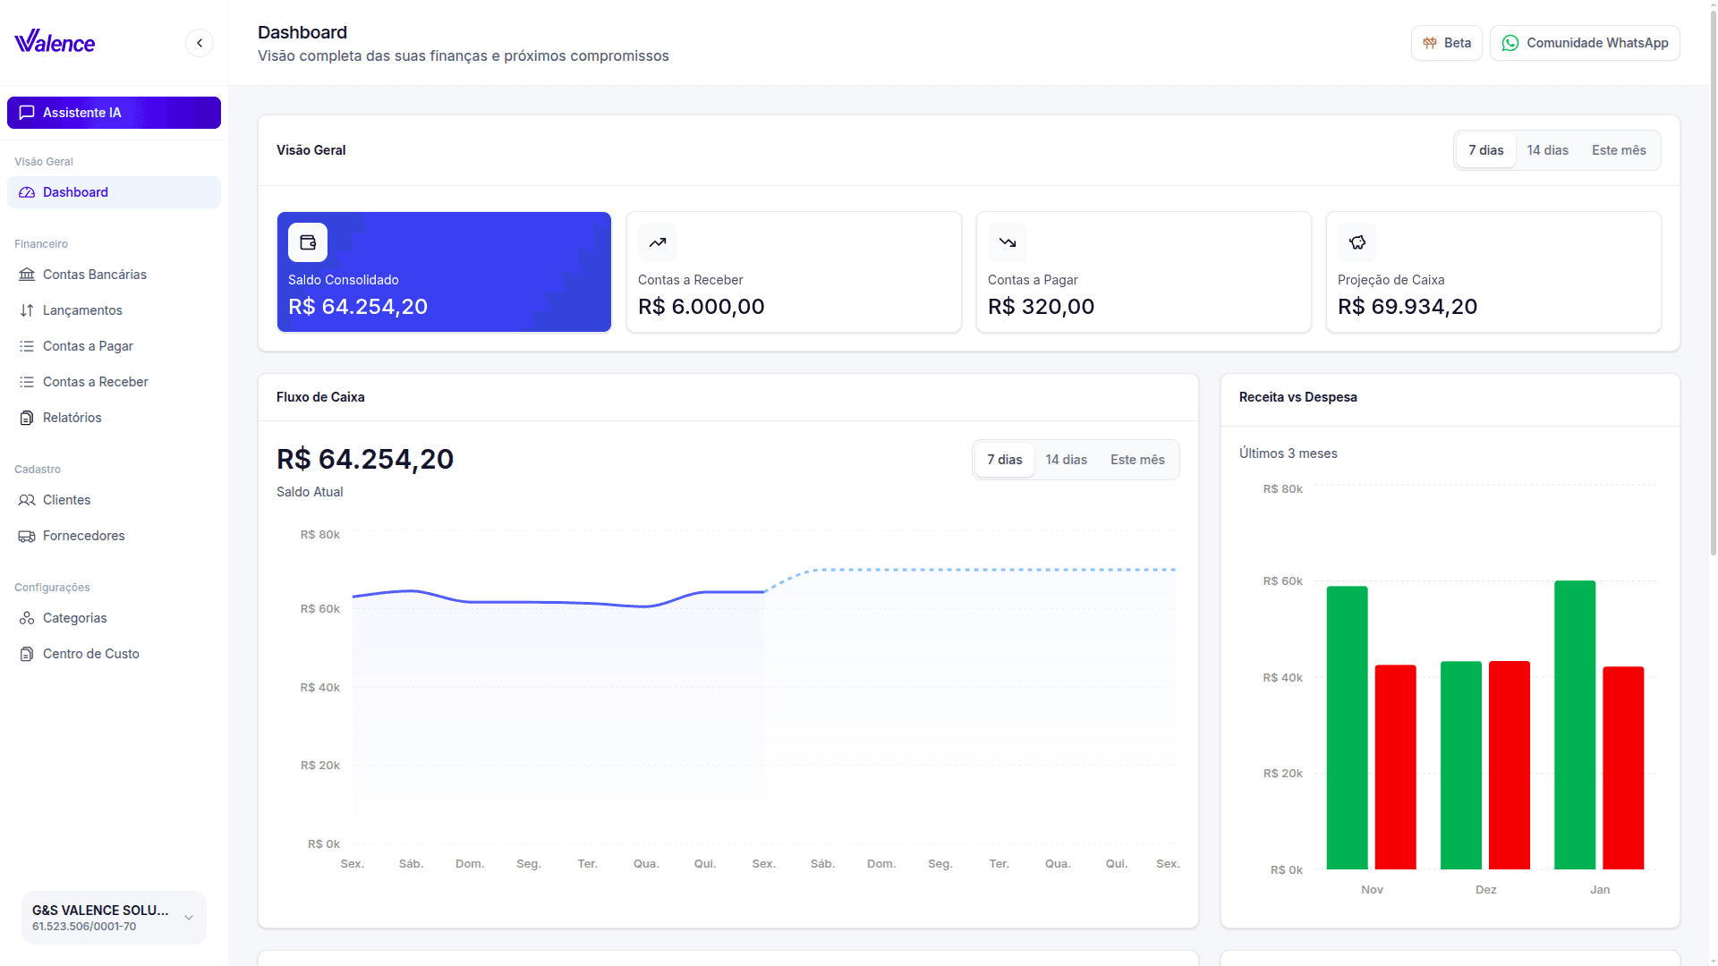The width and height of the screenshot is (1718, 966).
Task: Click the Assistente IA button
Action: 114,113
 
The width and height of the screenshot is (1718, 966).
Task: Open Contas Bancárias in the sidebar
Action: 94,275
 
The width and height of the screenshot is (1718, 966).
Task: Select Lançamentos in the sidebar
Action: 82,310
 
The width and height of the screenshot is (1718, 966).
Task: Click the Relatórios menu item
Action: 72,418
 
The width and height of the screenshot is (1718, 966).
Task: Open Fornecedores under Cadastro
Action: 83,536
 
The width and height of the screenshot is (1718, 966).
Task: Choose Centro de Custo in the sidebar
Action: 90,654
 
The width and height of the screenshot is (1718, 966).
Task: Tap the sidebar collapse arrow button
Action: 200,43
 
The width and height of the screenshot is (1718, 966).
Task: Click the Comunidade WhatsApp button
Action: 1585,43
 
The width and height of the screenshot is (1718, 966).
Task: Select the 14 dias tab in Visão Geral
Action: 1547,150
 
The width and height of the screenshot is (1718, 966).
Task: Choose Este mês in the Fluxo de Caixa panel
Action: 1137,460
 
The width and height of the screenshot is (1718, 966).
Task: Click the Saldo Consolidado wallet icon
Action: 308,242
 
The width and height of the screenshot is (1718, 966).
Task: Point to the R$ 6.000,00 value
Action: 701,307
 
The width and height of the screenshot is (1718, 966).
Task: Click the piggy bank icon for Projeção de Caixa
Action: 1357,242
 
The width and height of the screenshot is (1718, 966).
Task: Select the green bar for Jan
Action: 1575,724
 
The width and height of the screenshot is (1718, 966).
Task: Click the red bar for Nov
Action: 1395,767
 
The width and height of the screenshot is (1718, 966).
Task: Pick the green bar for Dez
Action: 1461,765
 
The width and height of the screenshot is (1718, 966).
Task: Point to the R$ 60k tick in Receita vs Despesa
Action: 1282,581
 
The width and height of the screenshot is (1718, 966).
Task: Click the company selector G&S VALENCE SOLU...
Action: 114,918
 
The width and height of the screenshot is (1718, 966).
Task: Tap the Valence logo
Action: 55,42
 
